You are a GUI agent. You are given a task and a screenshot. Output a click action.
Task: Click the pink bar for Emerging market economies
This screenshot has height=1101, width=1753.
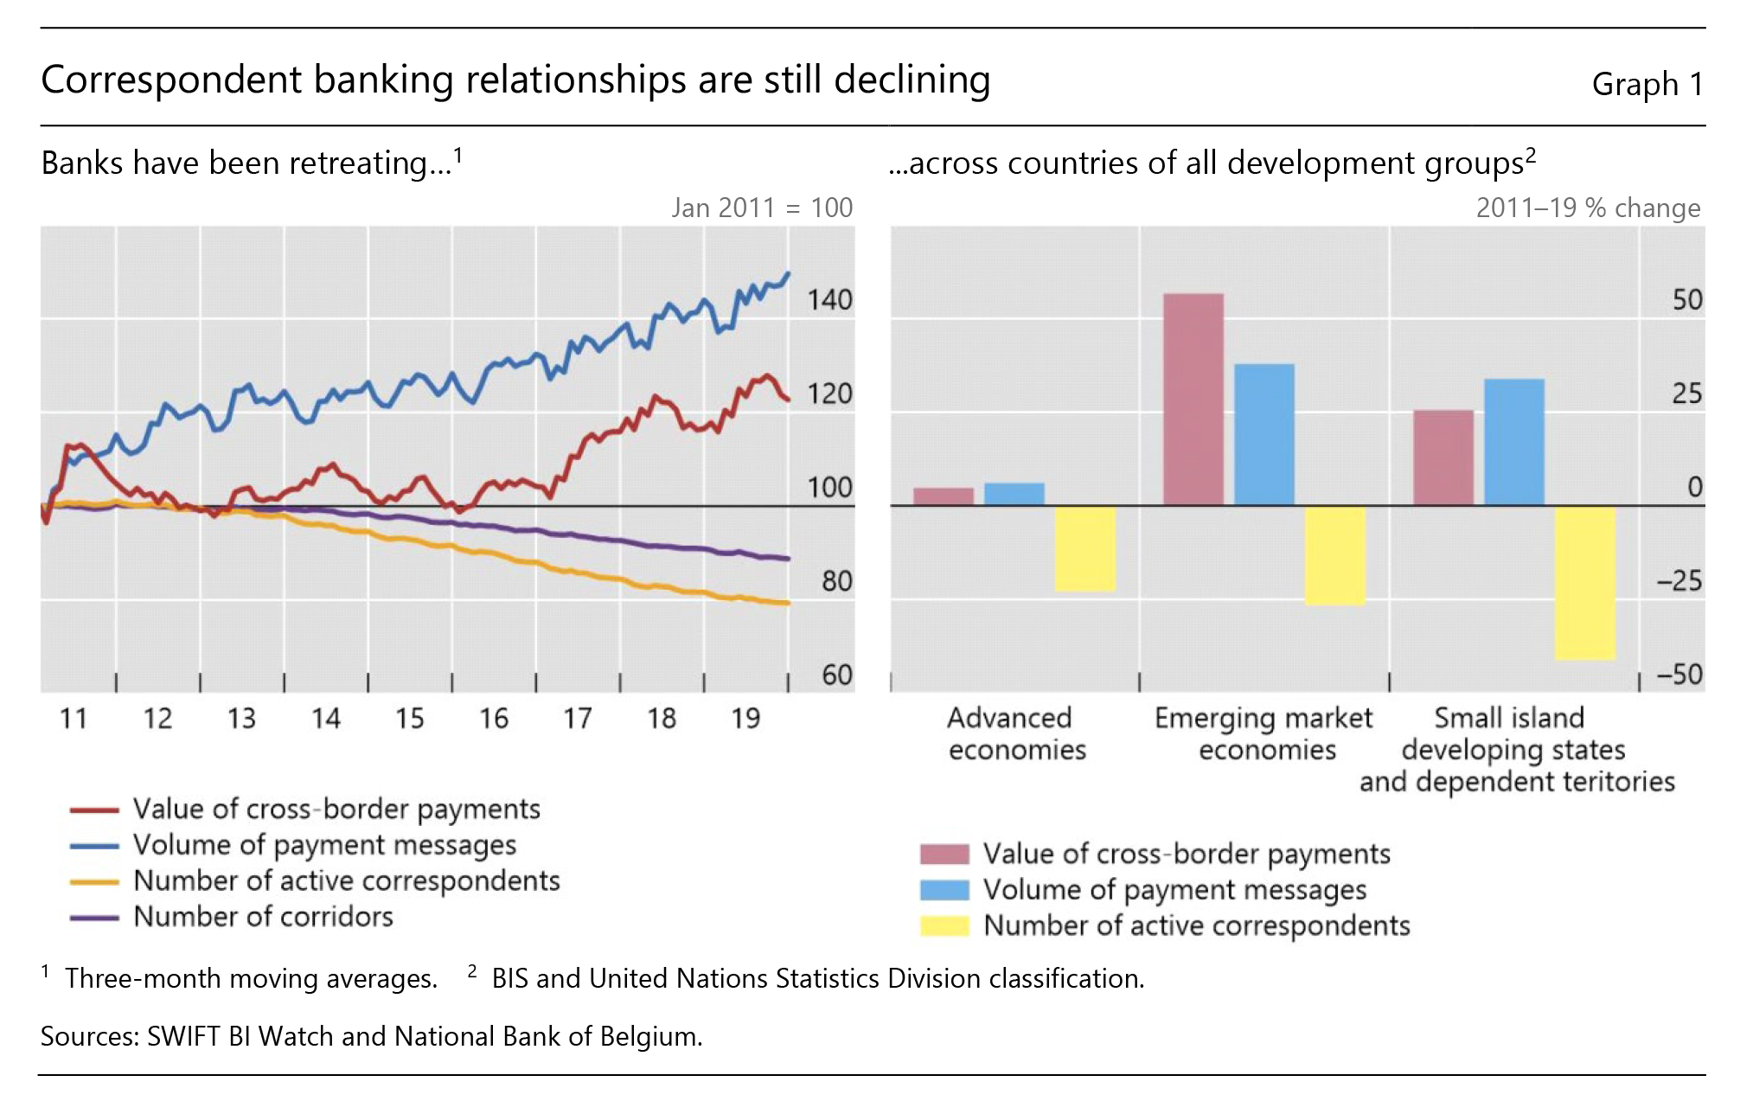1193,399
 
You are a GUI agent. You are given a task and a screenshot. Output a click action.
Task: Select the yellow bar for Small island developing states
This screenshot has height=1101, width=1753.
1584,583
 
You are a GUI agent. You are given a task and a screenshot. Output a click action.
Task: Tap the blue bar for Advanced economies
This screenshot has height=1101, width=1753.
1014,494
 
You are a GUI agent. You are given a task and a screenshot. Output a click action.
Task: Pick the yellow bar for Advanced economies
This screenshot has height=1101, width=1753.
1084,548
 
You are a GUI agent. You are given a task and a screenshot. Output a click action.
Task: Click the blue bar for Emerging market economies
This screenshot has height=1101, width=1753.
1264,434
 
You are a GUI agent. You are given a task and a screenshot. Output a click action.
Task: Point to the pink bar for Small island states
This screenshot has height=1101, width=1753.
1443,458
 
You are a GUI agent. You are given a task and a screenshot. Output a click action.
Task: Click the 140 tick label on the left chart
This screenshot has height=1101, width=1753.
829,300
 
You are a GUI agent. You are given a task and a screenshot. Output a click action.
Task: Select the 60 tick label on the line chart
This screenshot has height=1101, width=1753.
836,675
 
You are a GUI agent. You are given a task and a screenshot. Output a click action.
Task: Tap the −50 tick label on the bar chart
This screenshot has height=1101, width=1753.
1679,675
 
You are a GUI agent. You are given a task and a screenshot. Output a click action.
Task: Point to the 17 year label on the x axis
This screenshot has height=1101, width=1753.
578,719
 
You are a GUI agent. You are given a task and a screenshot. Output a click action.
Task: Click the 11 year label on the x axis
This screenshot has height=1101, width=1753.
74,719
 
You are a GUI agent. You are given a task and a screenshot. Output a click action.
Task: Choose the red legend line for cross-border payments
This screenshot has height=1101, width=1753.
94,810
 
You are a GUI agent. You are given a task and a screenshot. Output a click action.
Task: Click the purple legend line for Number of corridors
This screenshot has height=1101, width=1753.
94,918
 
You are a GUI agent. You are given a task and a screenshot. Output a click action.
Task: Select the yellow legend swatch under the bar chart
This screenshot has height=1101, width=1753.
944,926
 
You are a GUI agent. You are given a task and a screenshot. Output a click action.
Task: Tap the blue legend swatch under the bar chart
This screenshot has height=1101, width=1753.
944,890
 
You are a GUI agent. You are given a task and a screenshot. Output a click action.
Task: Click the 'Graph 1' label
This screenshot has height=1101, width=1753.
1647,85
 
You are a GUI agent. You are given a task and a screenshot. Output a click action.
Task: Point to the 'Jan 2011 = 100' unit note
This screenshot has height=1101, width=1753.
761,208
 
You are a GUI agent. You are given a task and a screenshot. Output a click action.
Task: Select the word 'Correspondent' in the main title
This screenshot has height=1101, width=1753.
170,80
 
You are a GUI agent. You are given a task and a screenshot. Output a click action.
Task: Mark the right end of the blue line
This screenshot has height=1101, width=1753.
787,274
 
